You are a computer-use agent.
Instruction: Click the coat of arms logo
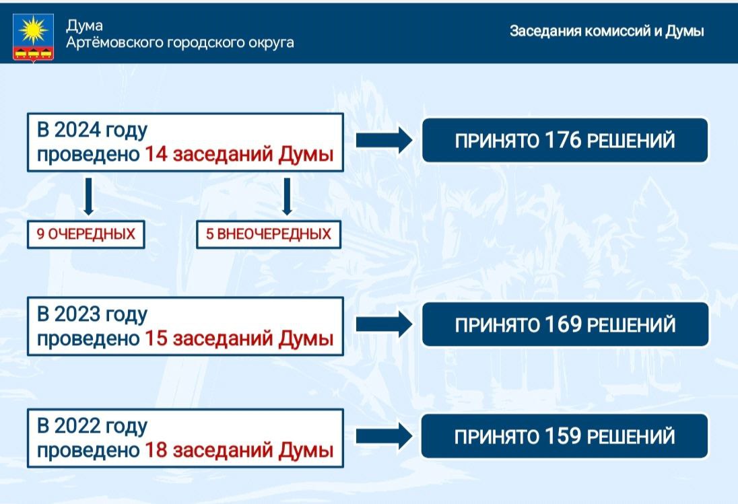point(33,37)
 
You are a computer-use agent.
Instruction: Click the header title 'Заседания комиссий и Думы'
point(607,31)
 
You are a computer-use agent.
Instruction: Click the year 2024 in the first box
point(77,130)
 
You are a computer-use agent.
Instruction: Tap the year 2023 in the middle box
point(77,314)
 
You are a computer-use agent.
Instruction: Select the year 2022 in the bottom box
point(77,426)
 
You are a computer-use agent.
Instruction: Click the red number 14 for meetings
point(156,154)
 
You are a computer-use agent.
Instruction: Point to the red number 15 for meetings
point(156,338)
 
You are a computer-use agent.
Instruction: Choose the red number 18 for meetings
point(156,450)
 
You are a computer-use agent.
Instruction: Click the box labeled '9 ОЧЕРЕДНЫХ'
point(86,234)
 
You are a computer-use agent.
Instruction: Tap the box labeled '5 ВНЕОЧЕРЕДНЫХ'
point(268,234)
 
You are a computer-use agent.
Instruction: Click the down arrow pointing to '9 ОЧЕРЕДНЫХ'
point(88,196)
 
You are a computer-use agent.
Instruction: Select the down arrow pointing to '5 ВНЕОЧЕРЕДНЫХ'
point(287,196)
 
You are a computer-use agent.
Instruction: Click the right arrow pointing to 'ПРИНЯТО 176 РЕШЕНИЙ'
point(384,140)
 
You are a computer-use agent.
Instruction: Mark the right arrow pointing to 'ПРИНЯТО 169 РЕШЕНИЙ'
point(384,324)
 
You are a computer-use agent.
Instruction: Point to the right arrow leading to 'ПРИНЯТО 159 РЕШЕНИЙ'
point(384,436)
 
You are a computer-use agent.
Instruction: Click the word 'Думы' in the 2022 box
point(306,450)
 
